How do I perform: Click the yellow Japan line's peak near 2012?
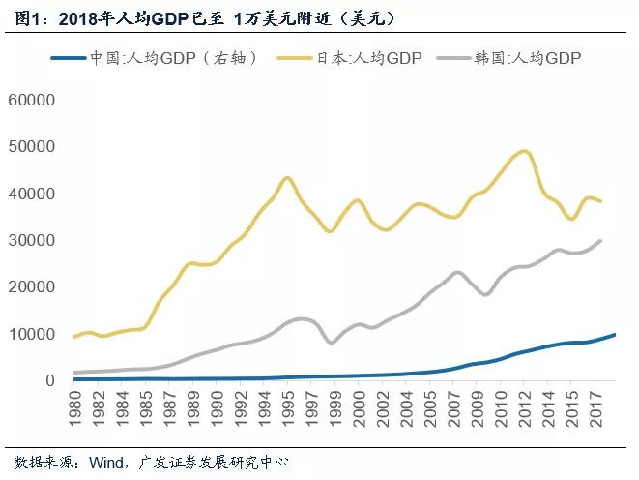(x=525, y=151)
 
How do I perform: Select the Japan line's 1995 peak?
(x=287, y=178)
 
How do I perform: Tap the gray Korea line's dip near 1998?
(x=333, y=343)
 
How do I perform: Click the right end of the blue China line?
(x=615, y=335)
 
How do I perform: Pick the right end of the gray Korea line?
(x=601, y=240)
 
